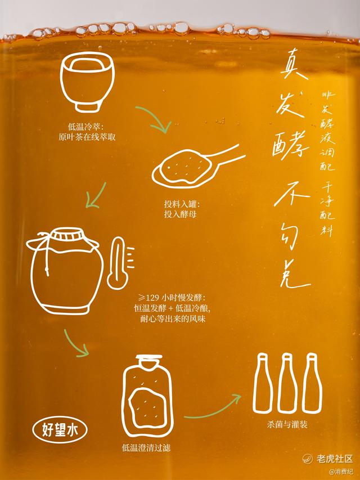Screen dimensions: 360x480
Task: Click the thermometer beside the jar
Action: click(119, 263)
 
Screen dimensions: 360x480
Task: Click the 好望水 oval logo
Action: click(60, 429)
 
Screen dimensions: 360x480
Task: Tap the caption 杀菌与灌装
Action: click(287, 424)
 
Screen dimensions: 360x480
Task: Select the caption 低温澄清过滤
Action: click(146, 448)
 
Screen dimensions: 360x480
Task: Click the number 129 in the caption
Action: click(152, 298)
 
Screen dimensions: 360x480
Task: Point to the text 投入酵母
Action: click(180, 214)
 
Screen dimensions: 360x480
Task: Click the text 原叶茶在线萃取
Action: click(87, 137)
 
